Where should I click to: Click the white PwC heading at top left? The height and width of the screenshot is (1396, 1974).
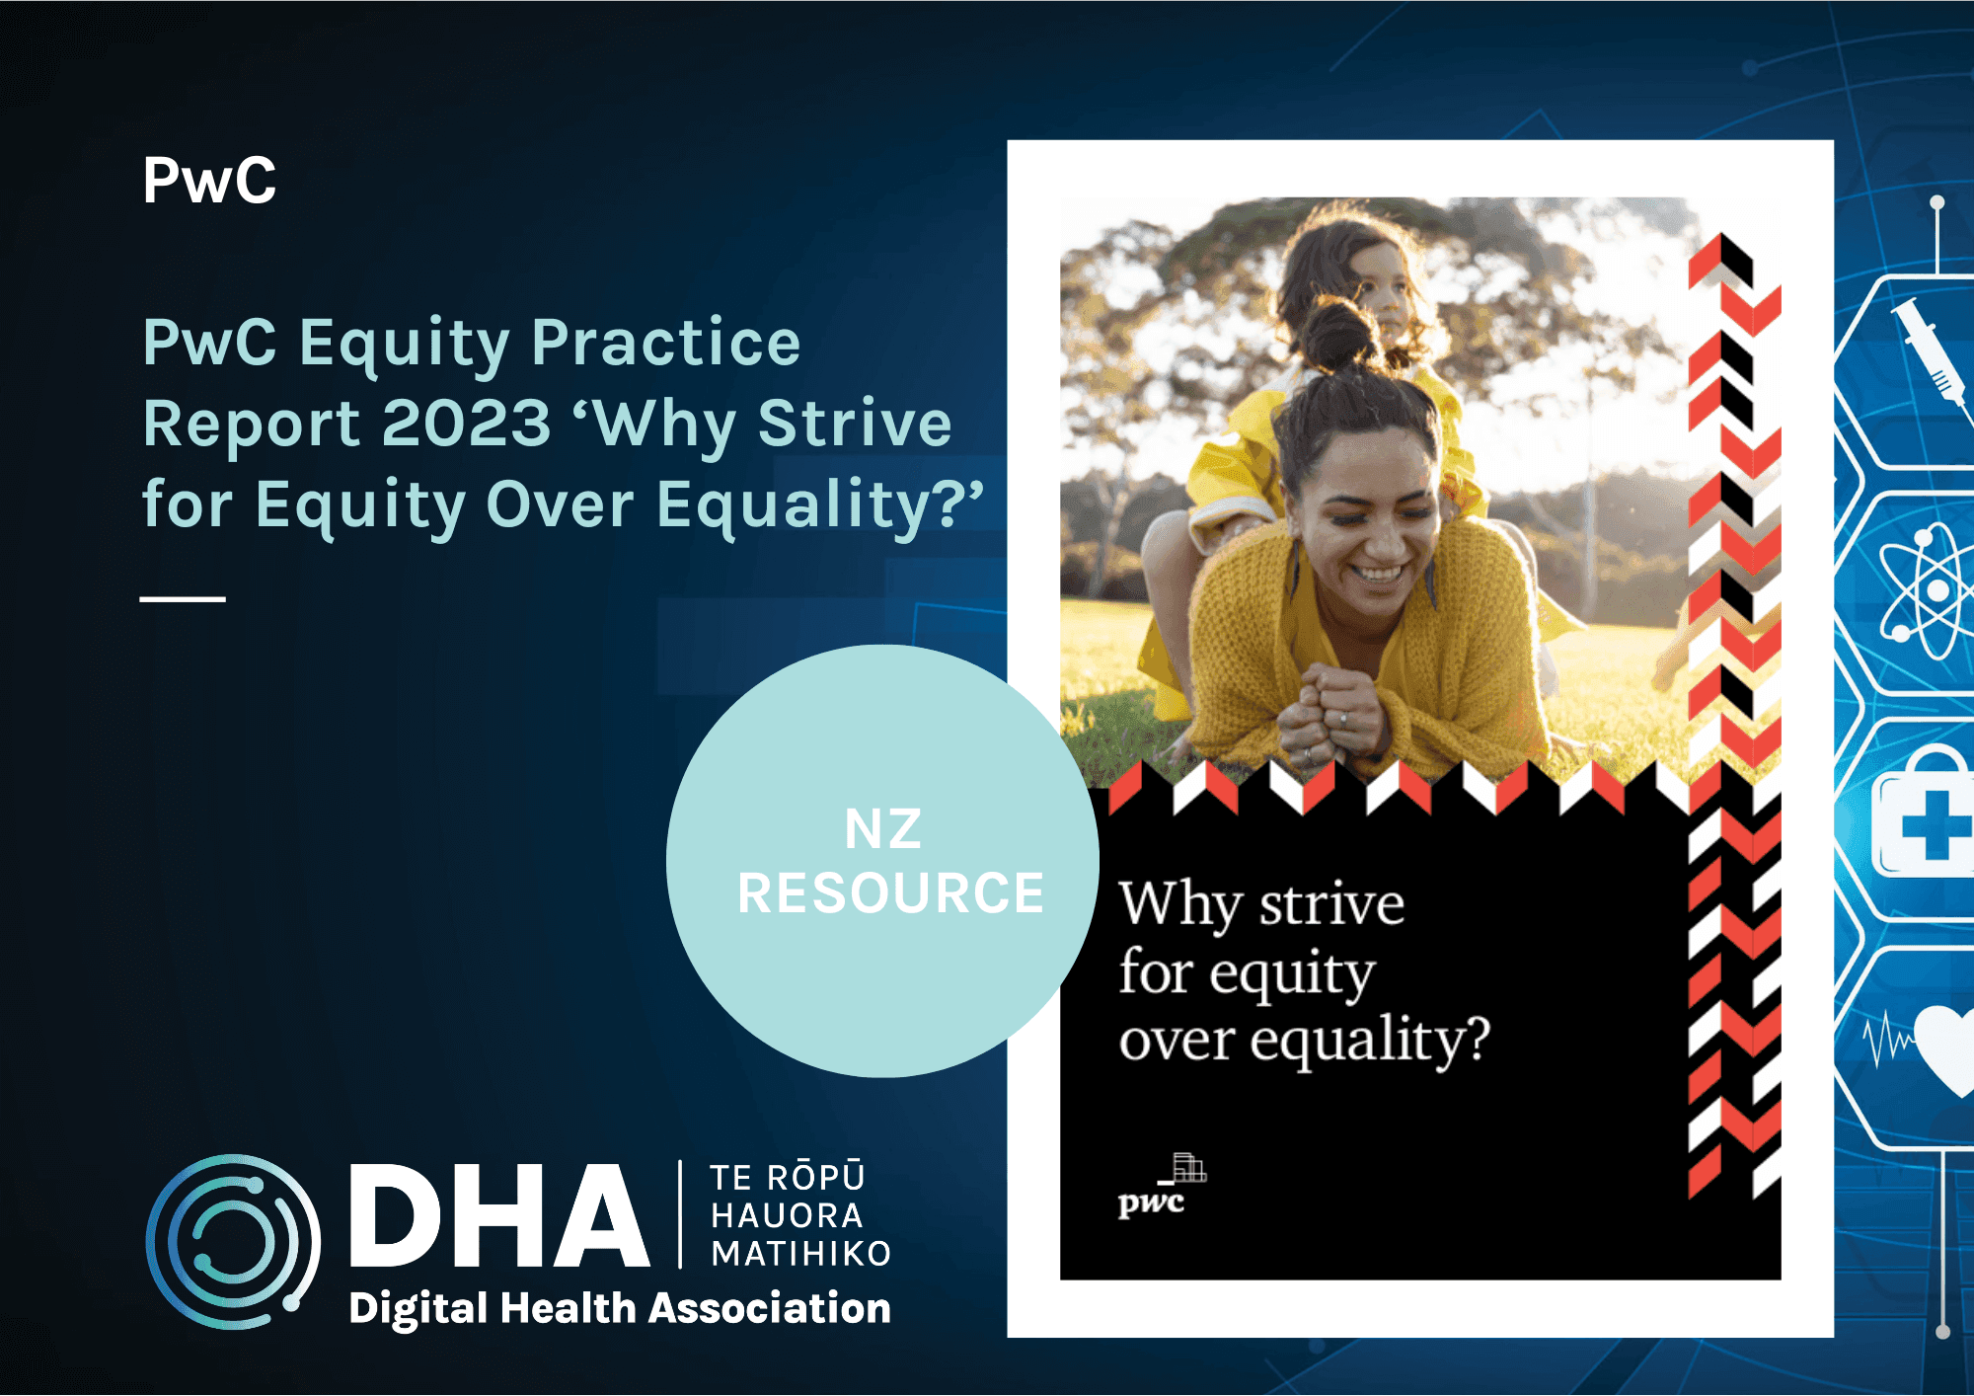(209, 182)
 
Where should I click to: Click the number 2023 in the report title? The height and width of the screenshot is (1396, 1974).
(466, 424)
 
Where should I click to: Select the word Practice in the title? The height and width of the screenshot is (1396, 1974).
(666, 343)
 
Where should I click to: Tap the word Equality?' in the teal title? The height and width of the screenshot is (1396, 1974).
(820, 505)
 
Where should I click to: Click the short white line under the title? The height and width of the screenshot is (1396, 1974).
(183, 598)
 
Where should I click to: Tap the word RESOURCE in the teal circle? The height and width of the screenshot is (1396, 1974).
(890, 893)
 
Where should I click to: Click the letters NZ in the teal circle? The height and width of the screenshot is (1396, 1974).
(883, 829)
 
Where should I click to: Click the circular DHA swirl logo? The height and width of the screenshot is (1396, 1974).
(233, 1241)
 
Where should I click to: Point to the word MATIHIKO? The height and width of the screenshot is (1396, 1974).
(801, 1254)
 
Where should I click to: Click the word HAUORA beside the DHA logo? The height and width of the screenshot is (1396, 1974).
(787, 1215)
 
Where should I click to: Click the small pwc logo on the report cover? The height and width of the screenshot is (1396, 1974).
(1160, 1188)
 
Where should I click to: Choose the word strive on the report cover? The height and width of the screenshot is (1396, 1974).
(1331, 905)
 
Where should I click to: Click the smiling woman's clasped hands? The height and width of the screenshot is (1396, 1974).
(1327, 708)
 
